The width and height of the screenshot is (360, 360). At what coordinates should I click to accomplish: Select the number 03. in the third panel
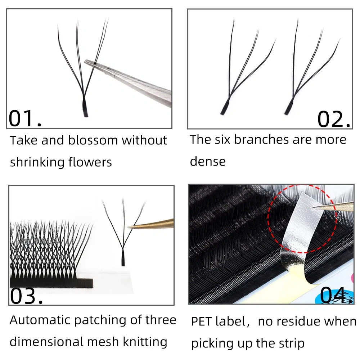pyautogui.click(x=26, y=296)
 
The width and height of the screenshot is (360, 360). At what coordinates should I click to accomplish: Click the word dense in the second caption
pyautogui.click(x=207, y=162)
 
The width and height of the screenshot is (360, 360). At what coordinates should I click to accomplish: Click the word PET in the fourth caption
pyautogui.click(x=202, y=321)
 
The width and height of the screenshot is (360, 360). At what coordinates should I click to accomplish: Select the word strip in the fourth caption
pyautogui.click(x=288, y=343)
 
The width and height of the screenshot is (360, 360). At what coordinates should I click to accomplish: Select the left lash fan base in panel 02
pyautogui.click(x=224, y=108)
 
